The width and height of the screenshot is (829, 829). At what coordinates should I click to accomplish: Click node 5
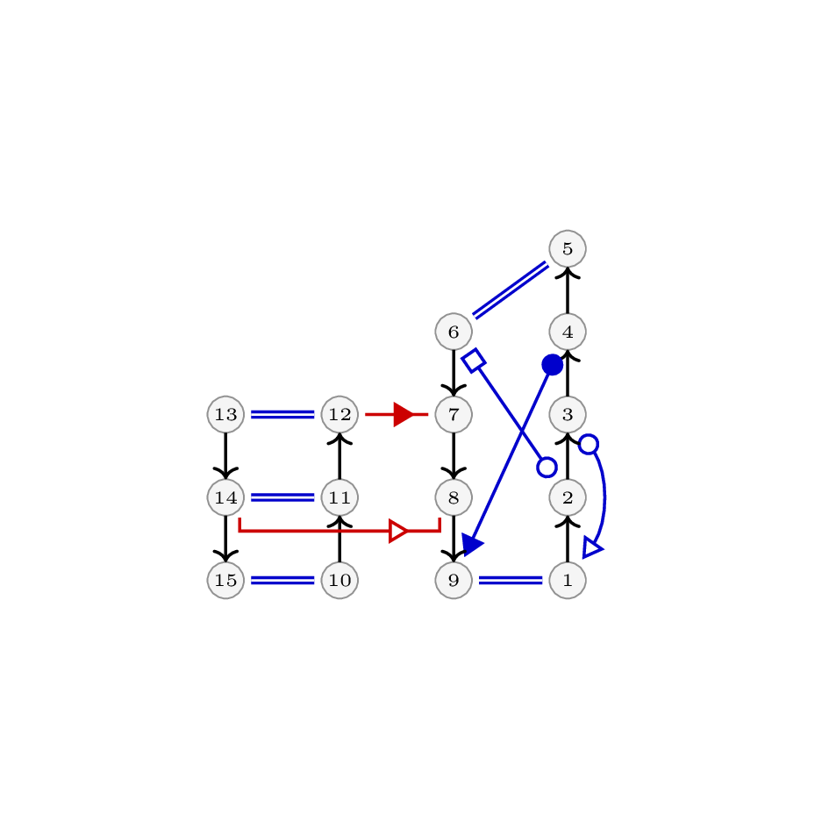568,248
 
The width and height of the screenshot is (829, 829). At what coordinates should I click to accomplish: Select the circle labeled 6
454,332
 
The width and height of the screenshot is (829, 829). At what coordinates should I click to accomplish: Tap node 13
225,414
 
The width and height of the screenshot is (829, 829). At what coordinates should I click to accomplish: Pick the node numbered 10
339,580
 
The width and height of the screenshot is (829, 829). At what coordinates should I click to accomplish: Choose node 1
568,580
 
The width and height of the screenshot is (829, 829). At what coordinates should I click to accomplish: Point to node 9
454,580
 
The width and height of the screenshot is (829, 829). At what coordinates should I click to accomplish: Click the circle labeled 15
225,580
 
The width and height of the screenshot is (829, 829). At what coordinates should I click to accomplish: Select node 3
568,414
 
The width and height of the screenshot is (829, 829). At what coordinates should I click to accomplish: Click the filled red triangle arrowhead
404,414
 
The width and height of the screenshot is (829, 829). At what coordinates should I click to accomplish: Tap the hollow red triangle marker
398,531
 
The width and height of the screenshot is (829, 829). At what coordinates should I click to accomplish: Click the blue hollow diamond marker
474,361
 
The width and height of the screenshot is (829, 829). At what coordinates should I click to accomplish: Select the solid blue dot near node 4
552,365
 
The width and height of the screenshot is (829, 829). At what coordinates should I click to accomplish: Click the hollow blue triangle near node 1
591,548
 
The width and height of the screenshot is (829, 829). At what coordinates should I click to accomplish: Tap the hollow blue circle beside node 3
589,444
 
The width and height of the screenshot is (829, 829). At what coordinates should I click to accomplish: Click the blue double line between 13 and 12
282,414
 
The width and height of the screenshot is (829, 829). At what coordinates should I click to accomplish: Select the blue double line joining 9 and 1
511,580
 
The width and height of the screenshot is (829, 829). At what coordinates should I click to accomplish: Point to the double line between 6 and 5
511,290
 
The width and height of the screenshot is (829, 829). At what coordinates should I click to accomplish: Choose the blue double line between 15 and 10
282,580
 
